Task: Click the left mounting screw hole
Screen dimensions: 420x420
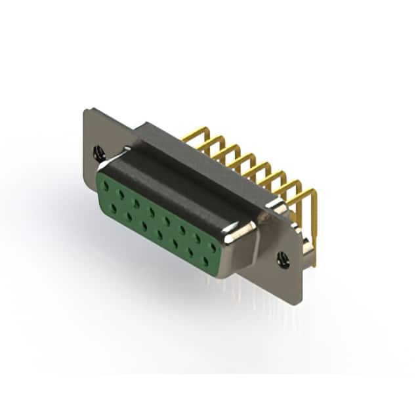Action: (99, 154)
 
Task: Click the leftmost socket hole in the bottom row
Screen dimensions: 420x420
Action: (114, 208)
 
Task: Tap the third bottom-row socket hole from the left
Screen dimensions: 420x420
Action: (144, 226)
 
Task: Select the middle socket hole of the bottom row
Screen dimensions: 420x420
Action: (159, 234)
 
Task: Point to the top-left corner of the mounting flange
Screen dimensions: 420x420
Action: (87, 111)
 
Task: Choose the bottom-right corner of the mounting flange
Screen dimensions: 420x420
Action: (299, 302)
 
